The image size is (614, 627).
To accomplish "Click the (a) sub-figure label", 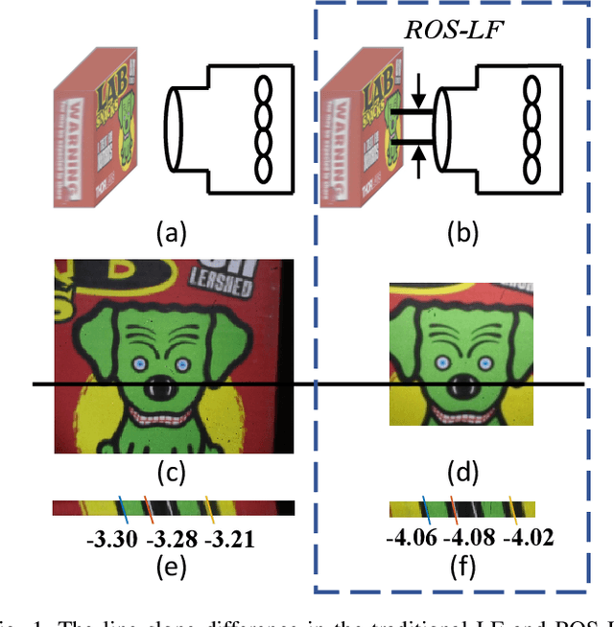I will [x=173, y=232].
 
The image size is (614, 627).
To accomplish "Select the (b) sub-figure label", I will [x=463, y=232].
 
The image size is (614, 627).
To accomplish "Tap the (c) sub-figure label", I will [x=173, y=472].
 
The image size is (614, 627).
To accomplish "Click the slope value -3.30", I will [x=111, y=539].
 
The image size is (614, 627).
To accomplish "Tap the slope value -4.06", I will [x=410, y=538].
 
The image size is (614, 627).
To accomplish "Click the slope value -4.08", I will [x=470, y=538].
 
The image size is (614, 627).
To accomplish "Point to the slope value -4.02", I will [x=530, y=538].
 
